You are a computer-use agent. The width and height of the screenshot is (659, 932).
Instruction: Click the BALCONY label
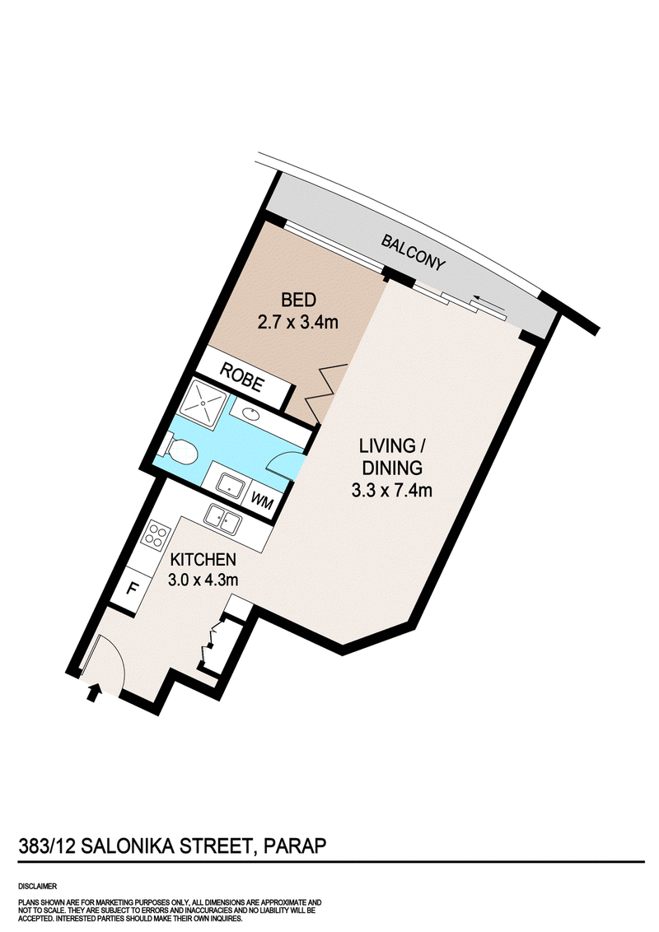(x=413, y=253)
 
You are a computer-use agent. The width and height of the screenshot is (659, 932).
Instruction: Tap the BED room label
(x=298, y=300)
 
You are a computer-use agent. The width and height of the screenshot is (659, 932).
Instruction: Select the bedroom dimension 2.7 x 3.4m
(x=298, y=322)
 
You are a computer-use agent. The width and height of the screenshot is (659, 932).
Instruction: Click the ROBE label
(x=241, y=377)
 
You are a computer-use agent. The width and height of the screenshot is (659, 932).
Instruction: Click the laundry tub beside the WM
(x=230, y=485)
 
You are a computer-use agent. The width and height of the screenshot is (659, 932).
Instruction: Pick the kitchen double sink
(x=222, y=520)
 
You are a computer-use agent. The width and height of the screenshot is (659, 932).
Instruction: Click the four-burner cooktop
(x=157, y=535)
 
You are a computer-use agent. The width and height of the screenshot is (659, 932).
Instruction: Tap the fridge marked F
(x=133, y=589)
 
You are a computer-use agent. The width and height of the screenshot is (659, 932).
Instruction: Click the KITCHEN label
(x=203, y=559)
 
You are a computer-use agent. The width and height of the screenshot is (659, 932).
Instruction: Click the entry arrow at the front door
(x=93, y=692)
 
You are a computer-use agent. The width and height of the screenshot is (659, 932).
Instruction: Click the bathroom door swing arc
(x=284, y=460)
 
